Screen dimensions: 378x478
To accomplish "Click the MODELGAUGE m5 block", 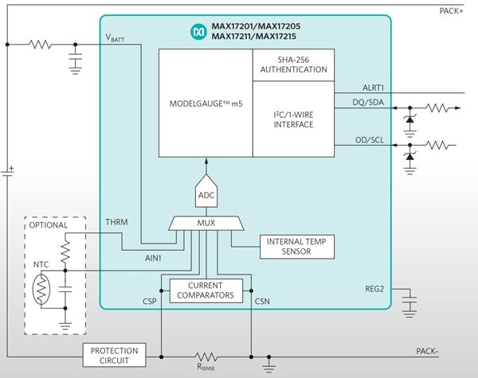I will [205, 103].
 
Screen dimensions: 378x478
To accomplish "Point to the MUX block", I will [205, 224].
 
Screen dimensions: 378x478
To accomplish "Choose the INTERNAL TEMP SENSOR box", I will [296, 247].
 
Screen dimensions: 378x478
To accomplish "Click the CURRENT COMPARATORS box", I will [205, 290].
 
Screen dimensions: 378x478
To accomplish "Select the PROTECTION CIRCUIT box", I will [114, 355].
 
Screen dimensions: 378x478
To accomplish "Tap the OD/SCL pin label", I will [369, 142].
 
